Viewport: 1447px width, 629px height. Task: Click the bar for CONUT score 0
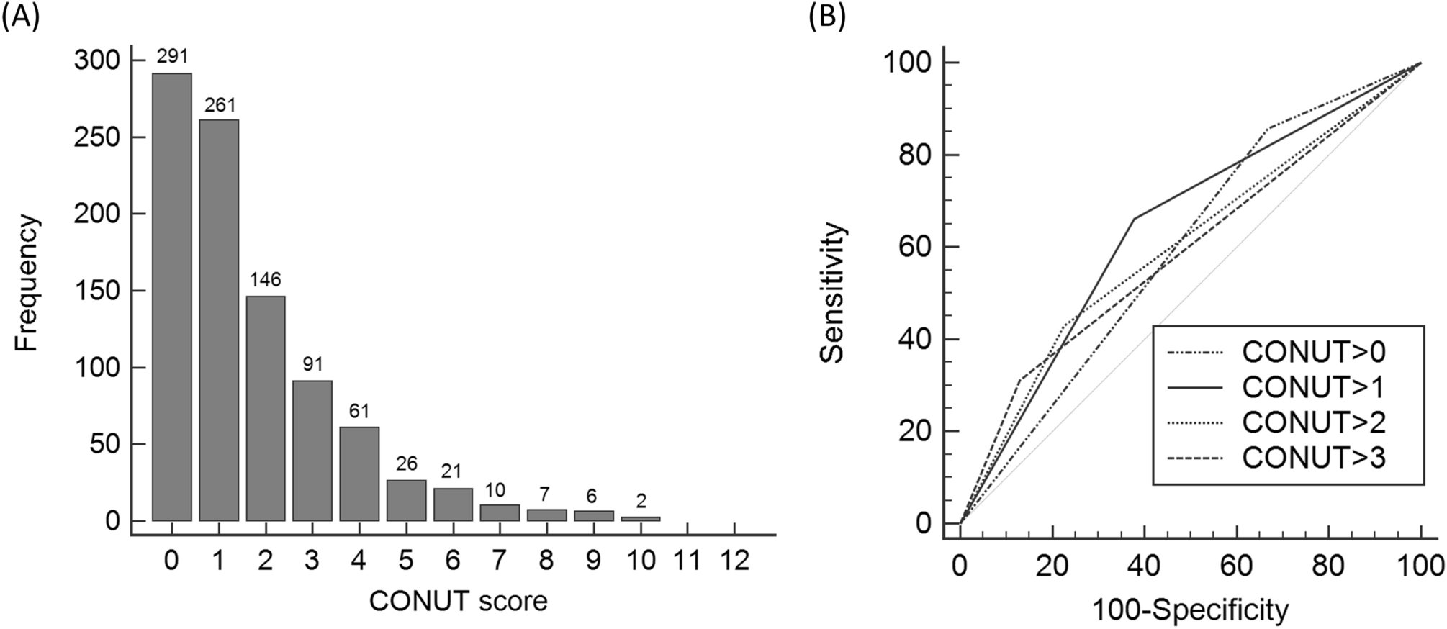pos(171,297)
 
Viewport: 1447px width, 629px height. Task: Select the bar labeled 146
pos(265,408)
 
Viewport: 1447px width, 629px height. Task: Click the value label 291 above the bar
pos(172,57)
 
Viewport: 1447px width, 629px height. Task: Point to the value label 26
pos(406,464)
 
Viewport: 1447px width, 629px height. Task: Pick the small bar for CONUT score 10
pos(640,518)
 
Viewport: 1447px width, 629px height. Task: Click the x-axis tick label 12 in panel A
pos(734,560)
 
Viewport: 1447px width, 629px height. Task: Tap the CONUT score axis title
pos(458,601)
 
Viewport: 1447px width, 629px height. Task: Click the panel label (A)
pos(20,16)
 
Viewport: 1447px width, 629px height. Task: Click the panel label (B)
pos(826,16)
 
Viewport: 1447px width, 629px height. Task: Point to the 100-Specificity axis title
pos(1190,610)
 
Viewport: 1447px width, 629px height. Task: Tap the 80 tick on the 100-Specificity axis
pos(1328,566)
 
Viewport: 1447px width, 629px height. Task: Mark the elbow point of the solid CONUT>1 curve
pos(1134,219)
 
